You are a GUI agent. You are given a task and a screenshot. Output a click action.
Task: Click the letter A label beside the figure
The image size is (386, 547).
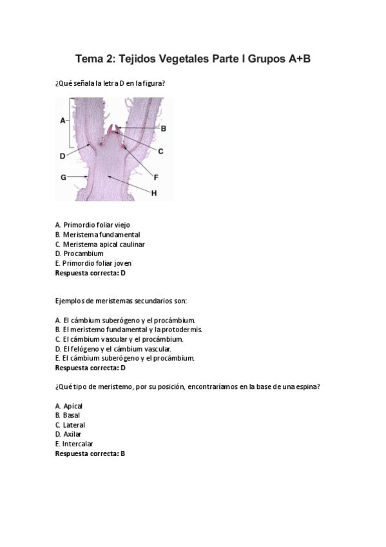[63, 121]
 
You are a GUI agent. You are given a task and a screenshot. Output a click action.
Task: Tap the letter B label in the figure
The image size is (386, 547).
[164, 128]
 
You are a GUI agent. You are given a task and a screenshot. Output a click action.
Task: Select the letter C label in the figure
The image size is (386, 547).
[160, 151]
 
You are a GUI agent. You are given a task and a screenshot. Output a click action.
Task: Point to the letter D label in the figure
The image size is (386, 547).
[63, 155]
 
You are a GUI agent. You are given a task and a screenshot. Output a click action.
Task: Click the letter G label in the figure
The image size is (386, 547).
[63, 176]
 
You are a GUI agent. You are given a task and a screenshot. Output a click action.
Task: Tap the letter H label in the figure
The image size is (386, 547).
[155, 192]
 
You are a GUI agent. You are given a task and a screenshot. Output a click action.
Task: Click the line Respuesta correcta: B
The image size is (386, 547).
[90, 453]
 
